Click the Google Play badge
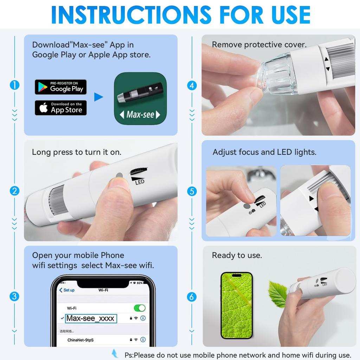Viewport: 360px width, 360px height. pos(60,87)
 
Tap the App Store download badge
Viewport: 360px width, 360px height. pos(60,108)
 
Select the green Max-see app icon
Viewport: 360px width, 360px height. pos(140,98)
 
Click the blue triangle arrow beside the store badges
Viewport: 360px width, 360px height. pos(98,97)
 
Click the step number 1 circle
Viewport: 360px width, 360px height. pos(14,85)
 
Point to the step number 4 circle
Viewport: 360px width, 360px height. pos(192,85)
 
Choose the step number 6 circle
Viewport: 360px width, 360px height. pos(192,297)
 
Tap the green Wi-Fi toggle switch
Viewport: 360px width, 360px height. pos(140,308)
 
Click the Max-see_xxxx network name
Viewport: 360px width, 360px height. pos(91,319)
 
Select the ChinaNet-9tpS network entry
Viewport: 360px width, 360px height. pos(81,340)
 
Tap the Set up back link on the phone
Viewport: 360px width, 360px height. pos(67,290)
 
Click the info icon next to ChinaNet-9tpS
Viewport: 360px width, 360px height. pos(143,340)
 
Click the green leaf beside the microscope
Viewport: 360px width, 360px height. pos(278,293)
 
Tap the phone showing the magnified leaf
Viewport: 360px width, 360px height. pos(236,305)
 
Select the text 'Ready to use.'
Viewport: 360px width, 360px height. pos(237,255)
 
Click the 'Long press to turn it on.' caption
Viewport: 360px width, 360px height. pos(77,152)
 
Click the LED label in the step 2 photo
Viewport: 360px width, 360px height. pos(140,181)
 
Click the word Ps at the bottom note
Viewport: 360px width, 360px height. pos(129,355)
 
